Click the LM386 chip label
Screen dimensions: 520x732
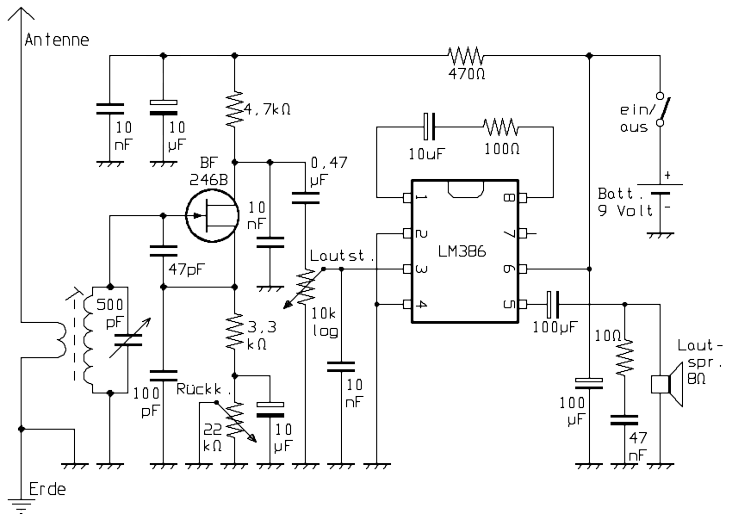(x=463, y=251)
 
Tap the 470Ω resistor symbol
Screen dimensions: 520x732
(x=467, y=56)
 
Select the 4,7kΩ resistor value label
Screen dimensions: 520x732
(x=268, y=109)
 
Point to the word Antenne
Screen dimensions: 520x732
(x=57, y=40)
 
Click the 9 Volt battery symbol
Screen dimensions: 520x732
(x=661, y=200)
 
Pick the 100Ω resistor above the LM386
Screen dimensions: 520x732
(x=502, y=127)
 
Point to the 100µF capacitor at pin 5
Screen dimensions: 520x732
(x=553, y=304)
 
